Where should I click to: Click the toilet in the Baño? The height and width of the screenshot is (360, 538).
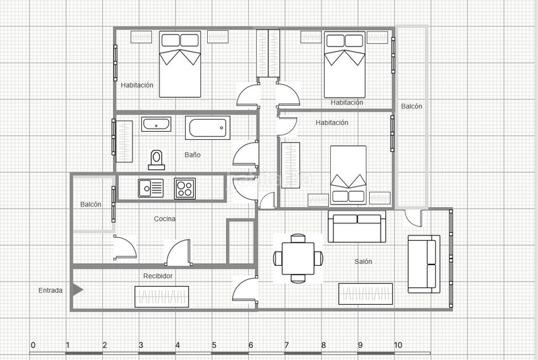click(x=157, y=160)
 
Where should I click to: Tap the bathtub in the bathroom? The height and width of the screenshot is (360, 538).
click(x=208, y=128)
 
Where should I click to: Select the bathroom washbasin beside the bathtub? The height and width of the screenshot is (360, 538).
click(x=156, y=124)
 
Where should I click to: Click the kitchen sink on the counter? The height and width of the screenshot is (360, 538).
click(x=151, y=188)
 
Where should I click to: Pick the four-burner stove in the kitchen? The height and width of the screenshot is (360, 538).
click(x=184, y=188)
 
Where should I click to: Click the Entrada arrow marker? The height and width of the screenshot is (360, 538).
click(x=77, y=289)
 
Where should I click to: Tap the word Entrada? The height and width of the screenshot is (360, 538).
click(x=50, y=290)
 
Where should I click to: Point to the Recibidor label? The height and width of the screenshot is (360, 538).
click(x=158, y=276)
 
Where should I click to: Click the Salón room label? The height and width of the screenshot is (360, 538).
click(x=363, y=262)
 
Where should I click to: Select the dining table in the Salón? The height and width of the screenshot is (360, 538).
click(x=298, y=258)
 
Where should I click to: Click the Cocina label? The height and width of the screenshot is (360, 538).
click(x=165, y=219)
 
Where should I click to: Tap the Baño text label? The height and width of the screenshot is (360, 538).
click(x=192, y=155)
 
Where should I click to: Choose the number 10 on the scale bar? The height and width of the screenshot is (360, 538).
click(x=398, y=345)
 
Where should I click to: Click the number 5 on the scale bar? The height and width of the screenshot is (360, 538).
click(x=214, y=345)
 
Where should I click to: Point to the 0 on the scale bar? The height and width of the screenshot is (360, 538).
click(x=33, y=345)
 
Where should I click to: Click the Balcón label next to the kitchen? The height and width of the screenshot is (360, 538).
click(x=91, y=204)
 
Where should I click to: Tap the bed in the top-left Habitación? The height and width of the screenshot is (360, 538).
click(x=180, y=64)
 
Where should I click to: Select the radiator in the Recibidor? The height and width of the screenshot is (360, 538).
click(x=161, y=297)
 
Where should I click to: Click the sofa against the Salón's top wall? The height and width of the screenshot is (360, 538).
click(x=357, y=227)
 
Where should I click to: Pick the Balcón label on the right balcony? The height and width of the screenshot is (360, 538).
click(x=412, y=106)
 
